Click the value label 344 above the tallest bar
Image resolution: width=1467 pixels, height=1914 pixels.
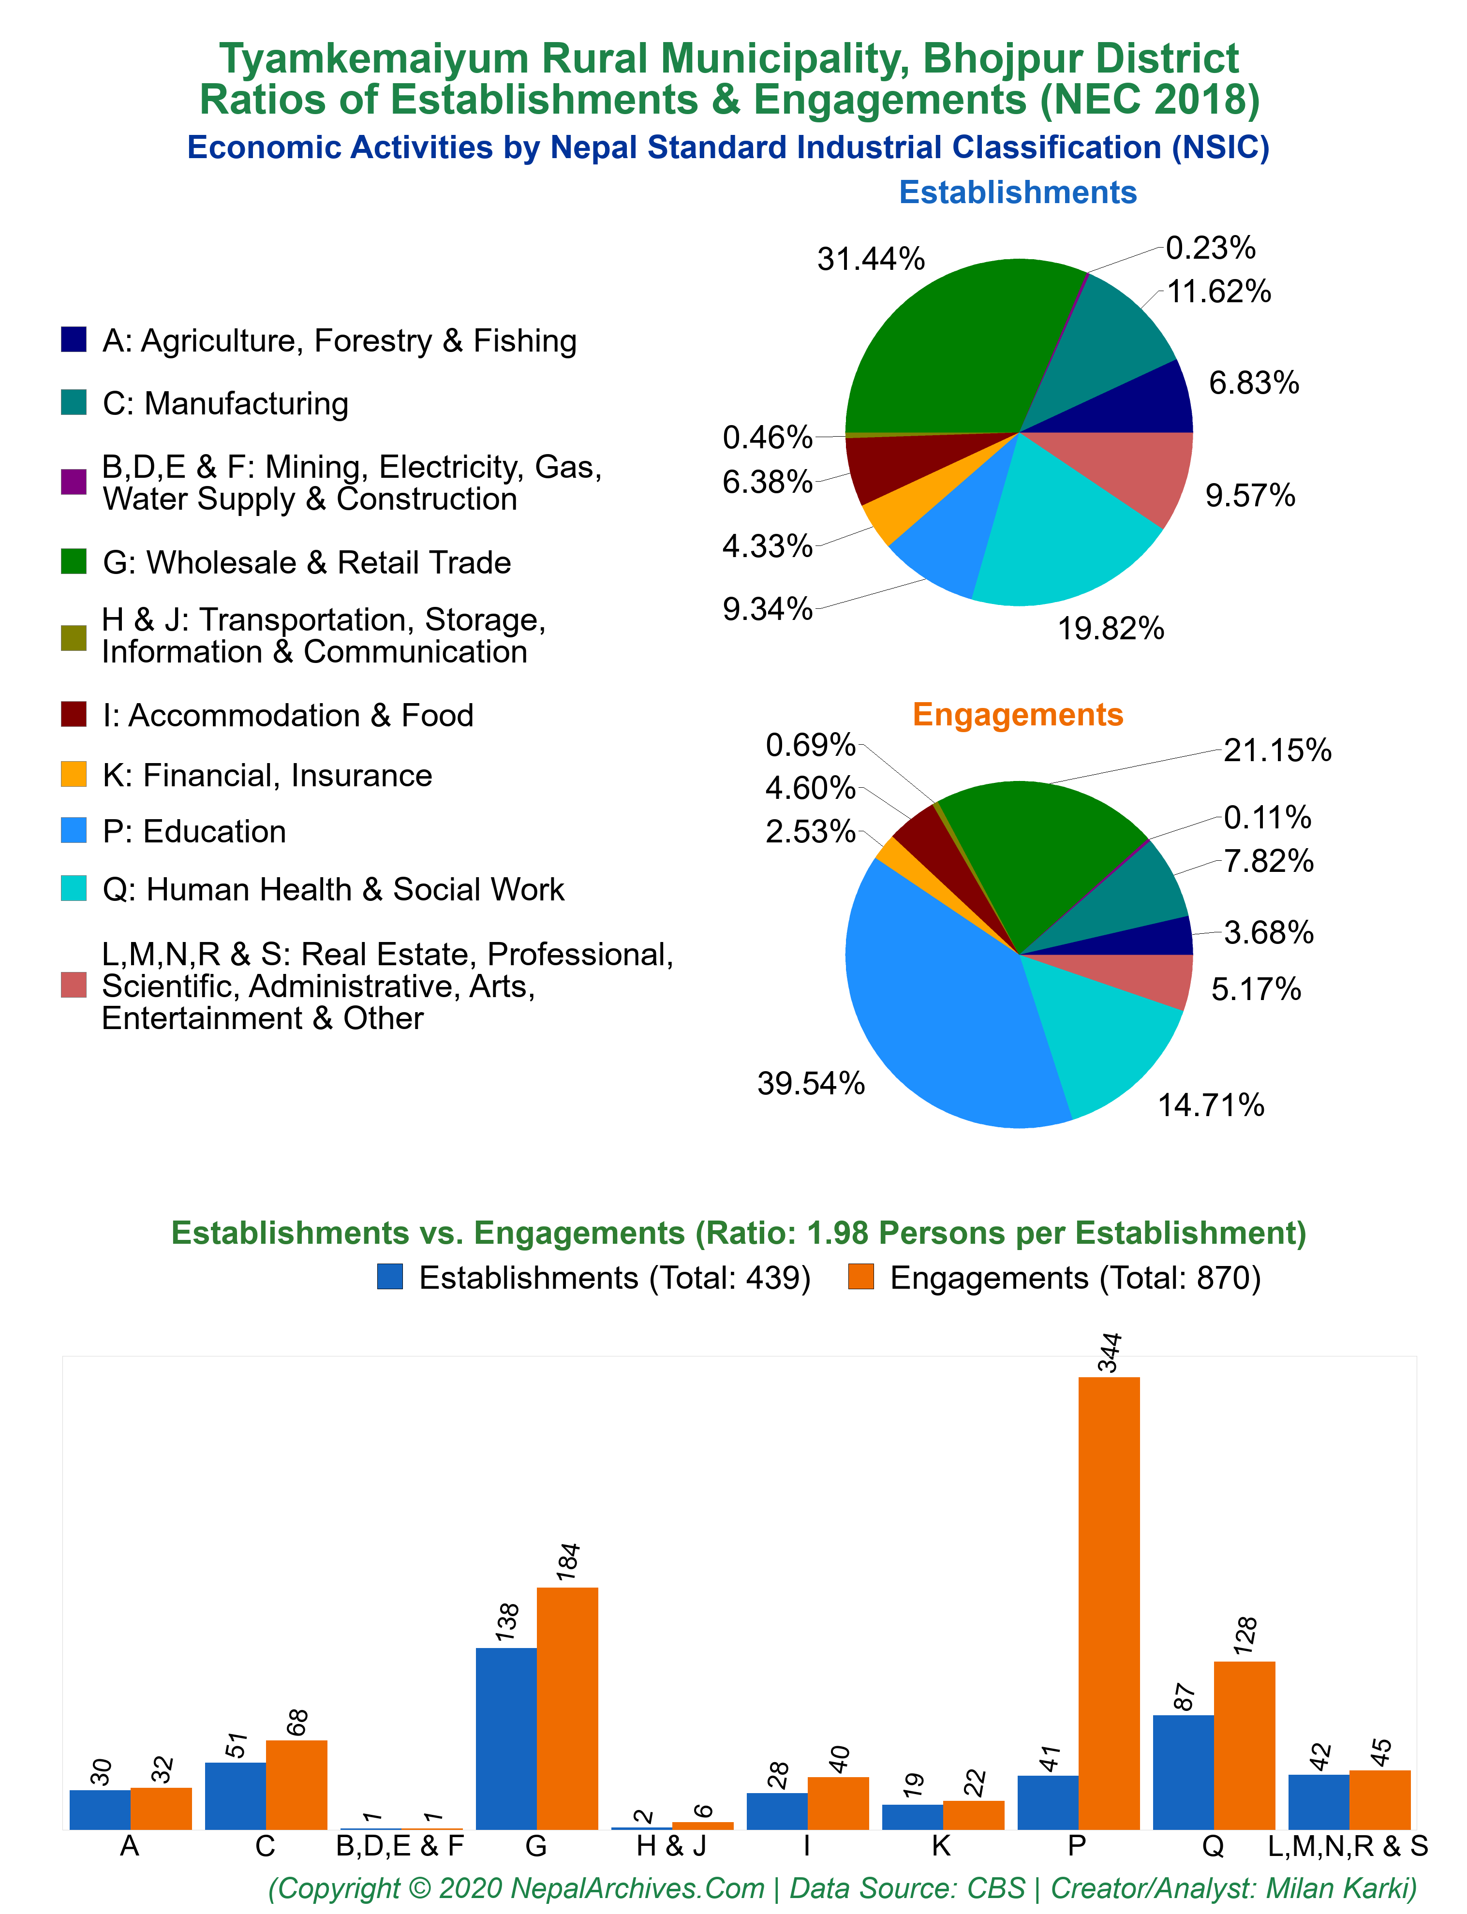pos(1110,1352)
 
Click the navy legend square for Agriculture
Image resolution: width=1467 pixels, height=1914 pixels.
pos(74,339)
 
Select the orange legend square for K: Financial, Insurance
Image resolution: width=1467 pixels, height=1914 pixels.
pos(74,774)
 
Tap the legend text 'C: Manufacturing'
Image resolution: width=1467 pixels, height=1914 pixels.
pos(225,403)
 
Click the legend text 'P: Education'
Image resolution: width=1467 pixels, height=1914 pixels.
pos(194,831)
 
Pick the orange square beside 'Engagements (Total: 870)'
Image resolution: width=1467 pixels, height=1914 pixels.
pos(861,1277)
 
